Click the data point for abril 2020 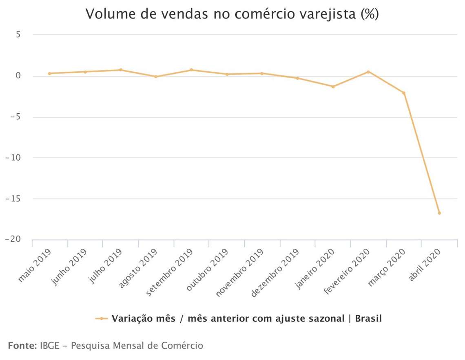click(439, 213)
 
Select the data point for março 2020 click(404, 93)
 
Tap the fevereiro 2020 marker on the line click(368, 72)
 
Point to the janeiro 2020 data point click(333, 86)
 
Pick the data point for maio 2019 click(49, 73)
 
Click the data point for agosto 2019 click(156, 77)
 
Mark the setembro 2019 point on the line click(191, 70)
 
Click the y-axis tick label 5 click(18, 35)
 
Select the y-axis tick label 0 click(18, 76)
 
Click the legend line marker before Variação click(101, 318)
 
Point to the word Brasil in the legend click(368, 318)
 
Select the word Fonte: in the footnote click(22, 346)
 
